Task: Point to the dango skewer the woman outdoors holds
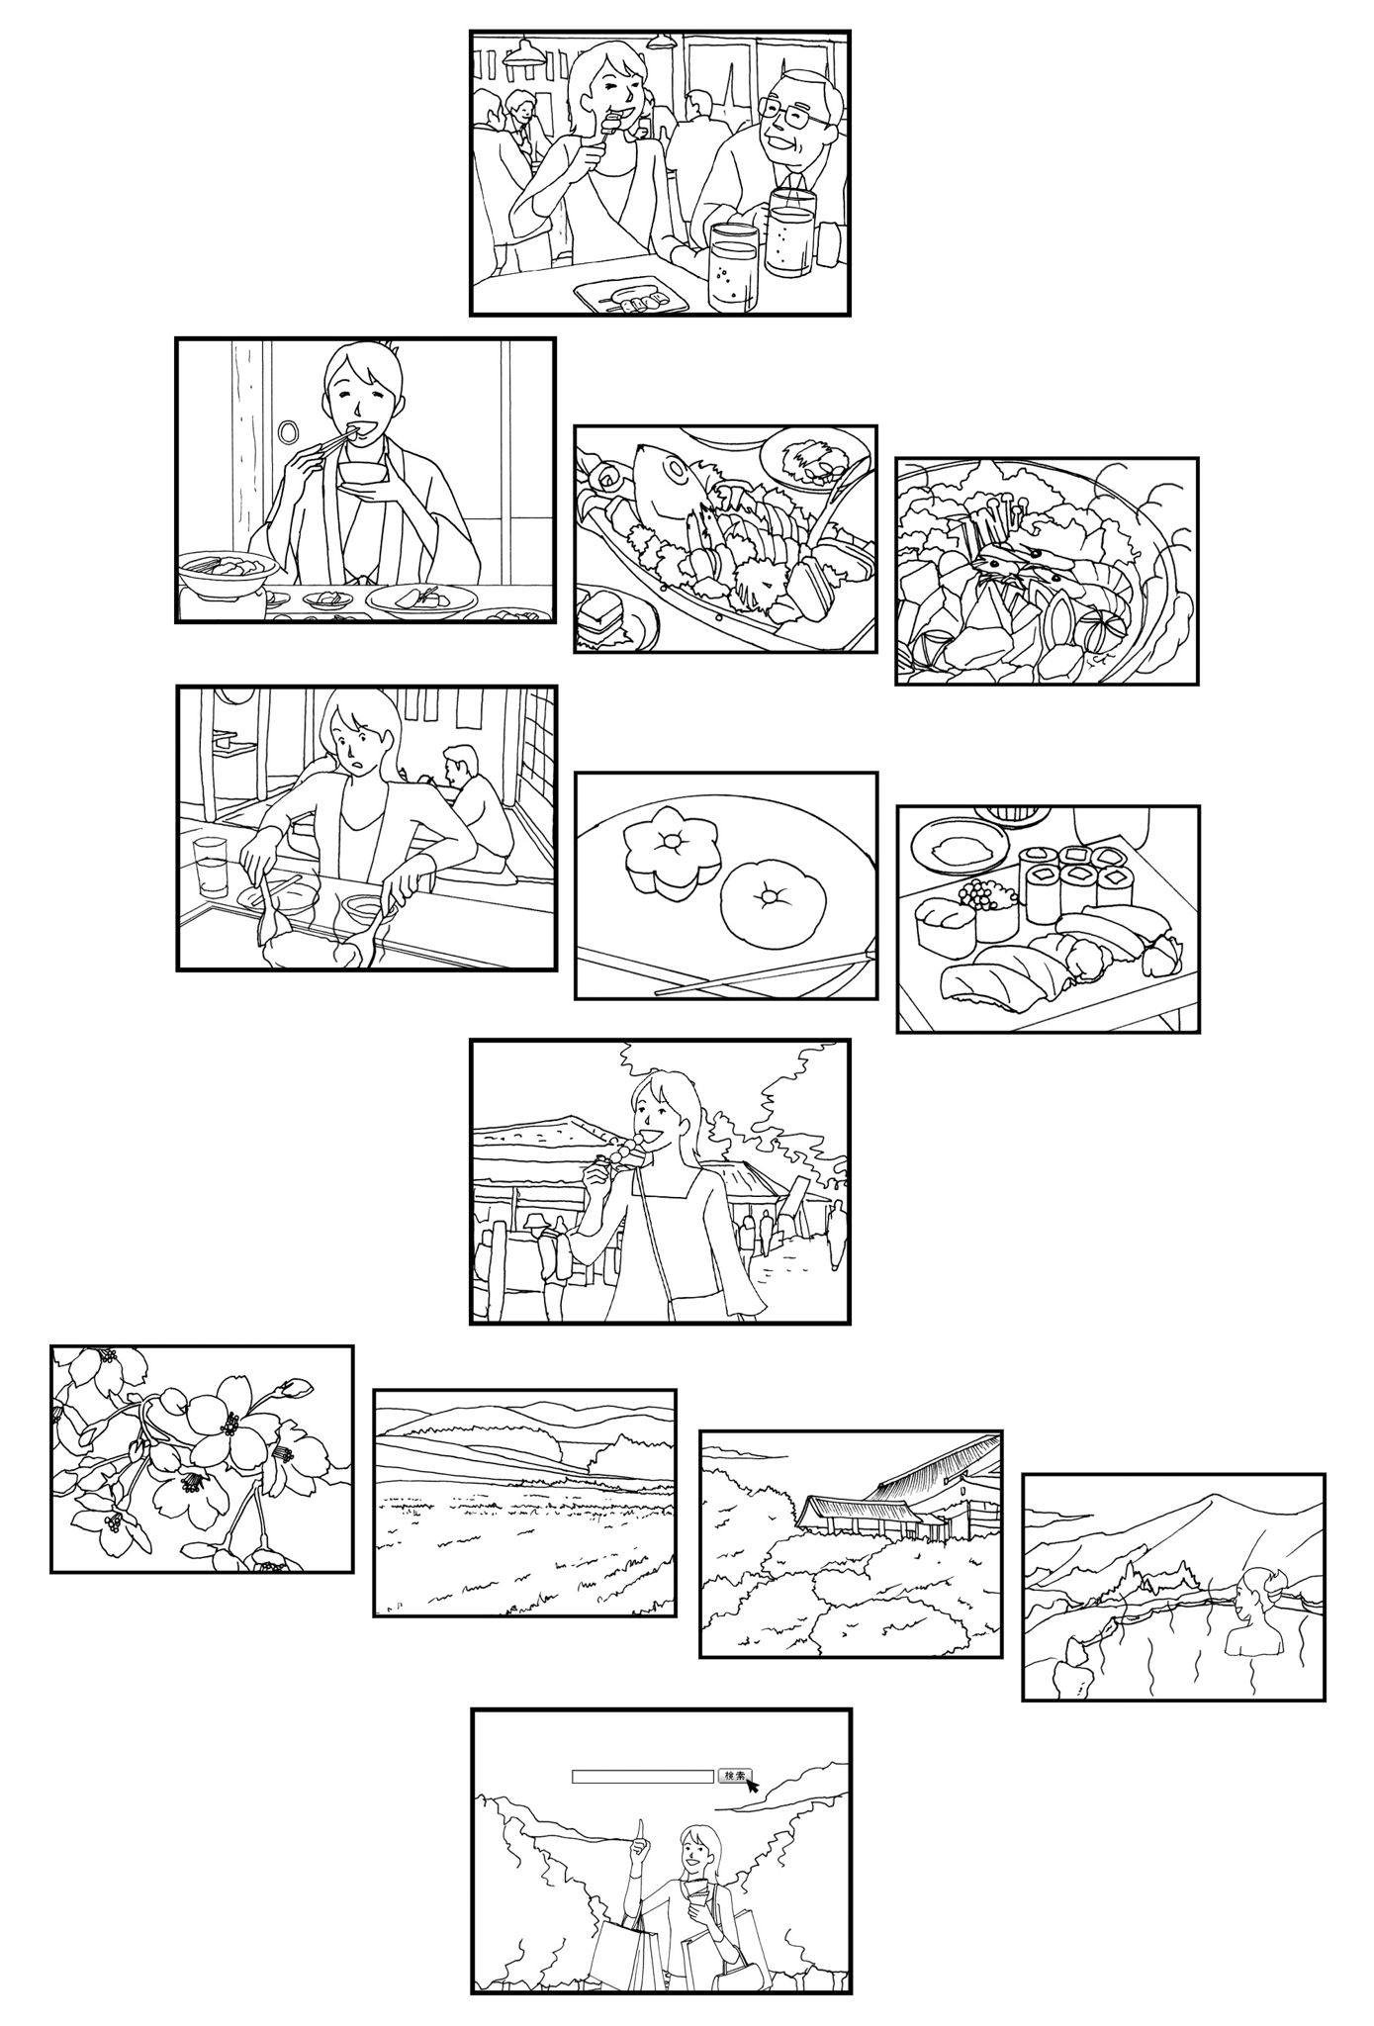[x=621, y=1151]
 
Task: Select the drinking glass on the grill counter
[x=211, y=867]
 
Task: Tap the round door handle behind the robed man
[x=289, y=432]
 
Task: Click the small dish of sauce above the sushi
[x=954, y=847]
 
